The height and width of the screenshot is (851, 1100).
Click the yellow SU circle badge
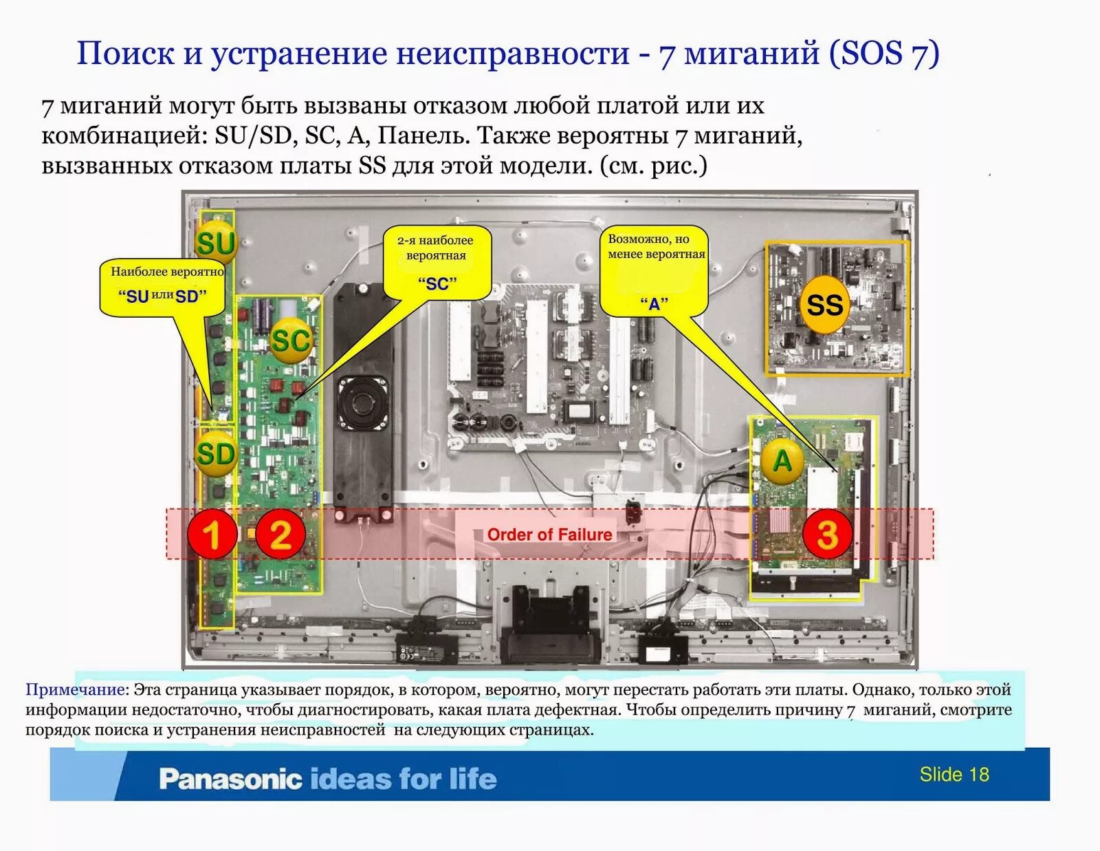(x=215, y=242)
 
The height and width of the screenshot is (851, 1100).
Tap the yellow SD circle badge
(x=215, y=454)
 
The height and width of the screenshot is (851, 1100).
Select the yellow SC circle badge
(x=291, y=340)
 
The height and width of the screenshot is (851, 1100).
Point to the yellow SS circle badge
(x=824, y=305)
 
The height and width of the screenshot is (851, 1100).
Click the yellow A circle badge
(x=782, y=460)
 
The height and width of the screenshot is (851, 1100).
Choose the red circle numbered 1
(x=212, y=534)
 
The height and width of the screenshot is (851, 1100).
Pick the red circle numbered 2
(x=280, y=534)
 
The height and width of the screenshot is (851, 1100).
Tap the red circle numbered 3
(x=827, y=534)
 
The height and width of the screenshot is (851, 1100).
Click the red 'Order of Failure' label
(x=549, y=535)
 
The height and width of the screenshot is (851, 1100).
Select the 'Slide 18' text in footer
(x=954, y=775)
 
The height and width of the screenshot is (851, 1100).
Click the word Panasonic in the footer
(x=230, y=779)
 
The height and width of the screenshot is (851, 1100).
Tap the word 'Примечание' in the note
(x=75, y=689)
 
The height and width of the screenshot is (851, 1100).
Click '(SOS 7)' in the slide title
(x=883, y=54)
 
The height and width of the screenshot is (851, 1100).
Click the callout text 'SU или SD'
(x=162, y=297)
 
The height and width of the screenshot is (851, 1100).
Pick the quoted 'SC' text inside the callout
(x=437, y=283)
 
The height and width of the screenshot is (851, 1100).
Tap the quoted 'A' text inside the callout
(x=654, y=303)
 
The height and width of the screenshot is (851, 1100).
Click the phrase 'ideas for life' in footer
(x=403, y=779)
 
